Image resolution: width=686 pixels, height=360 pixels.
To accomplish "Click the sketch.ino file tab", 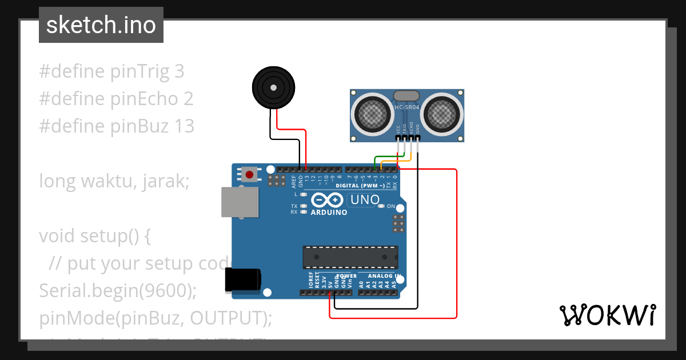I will click(x=101, y=25).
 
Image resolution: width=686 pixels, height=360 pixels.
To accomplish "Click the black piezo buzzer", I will click(x=273, y=87).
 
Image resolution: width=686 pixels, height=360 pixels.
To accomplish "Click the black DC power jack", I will click(x=243, y=279).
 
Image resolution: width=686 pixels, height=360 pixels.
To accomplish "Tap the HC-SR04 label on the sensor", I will click(x=407, y=107).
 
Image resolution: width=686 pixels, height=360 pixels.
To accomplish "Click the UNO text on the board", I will click(x=365, y=200).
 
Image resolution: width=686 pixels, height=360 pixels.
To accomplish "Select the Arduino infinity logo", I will click(x=328, y=201).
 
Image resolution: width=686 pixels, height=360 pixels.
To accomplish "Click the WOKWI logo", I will click(x=607, y=315).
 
